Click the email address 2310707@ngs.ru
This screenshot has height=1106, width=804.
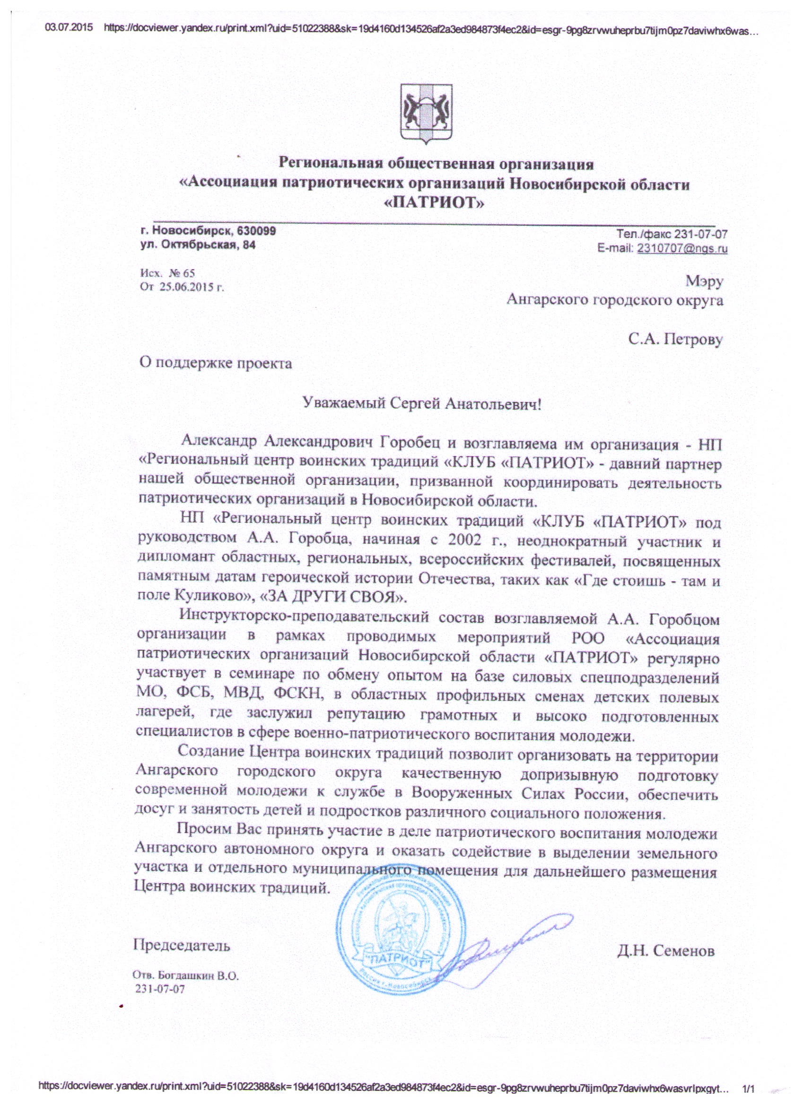(682, 248)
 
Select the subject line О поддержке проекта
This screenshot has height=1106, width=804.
(216, 363)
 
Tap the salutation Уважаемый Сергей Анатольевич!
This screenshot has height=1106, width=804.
(422, 404)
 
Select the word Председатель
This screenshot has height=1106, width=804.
(182, 946)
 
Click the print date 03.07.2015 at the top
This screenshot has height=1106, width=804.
(69, 28)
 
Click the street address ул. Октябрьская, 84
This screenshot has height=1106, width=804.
(198, 245)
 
